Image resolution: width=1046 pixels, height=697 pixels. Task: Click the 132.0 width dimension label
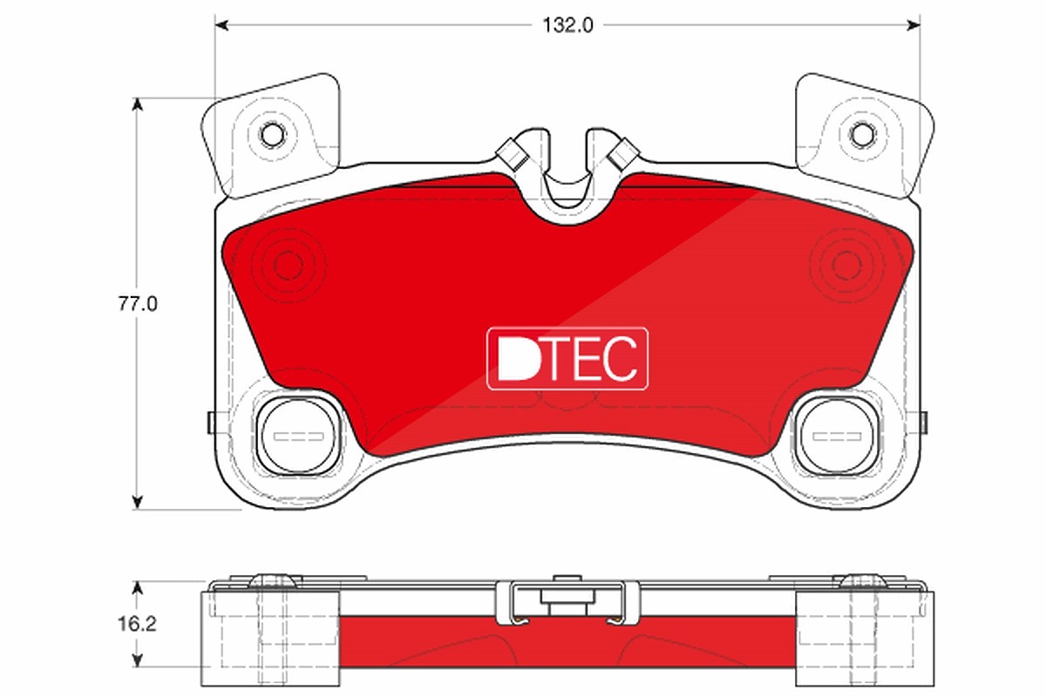pos(567,25)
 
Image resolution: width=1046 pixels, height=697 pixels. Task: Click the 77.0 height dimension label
pos(138,304)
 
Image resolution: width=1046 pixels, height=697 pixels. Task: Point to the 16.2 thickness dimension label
pos(137,624)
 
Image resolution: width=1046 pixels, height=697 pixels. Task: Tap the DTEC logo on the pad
pos(567,359)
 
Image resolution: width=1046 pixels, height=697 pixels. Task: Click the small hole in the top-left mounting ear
pos(272,135)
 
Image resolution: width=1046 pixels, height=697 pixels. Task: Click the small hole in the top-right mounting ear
pos(861,135)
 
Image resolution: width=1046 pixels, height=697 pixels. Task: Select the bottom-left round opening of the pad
pos(298,436)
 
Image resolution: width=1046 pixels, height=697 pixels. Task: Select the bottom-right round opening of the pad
pos(836,436)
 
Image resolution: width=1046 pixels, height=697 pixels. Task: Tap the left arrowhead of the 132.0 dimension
pos(221,25)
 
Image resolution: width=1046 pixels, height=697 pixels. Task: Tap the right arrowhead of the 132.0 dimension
pos(914,25)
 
